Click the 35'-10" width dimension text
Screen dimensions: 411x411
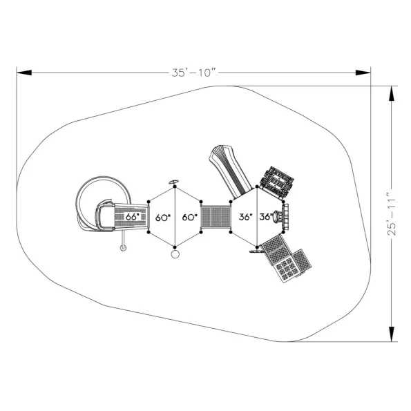point(195,73)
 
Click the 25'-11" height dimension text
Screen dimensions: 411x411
point(392,214)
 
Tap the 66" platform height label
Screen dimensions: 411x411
point(132,217)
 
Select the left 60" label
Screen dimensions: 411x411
point(163,218)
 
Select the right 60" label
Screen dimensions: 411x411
point(190,218)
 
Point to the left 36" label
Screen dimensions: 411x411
point(246,217)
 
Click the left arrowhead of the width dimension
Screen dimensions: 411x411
point(24,73)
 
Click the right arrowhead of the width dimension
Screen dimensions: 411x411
point(363,73)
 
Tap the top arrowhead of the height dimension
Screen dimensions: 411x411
point(392,93)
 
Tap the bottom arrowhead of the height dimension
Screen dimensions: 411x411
point(392,334)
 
